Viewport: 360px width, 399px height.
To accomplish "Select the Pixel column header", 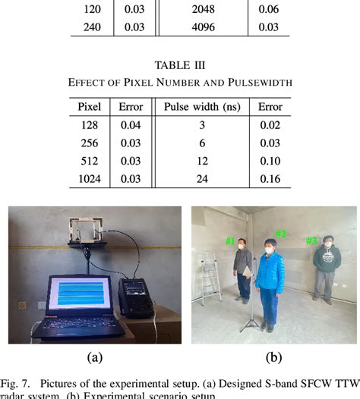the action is (x=89, y=107).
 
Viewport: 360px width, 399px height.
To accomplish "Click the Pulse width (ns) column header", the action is (x=197, y=107).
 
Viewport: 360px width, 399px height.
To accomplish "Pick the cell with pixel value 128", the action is (x=89, y=125).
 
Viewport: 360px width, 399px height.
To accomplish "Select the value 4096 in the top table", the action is (x=197, y=27).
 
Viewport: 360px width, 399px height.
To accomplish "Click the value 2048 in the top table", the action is (x=197, y=10).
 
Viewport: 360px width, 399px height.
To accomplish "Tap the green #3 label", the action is (x=311, y=240).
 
